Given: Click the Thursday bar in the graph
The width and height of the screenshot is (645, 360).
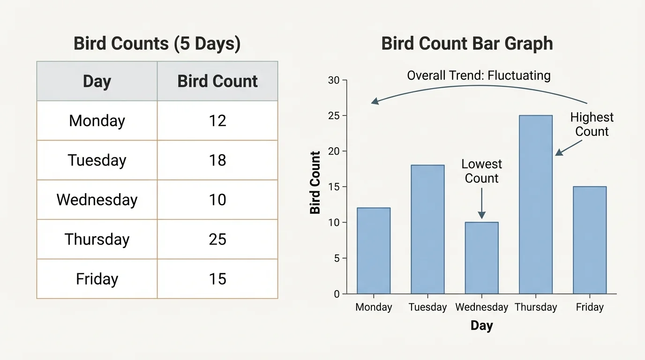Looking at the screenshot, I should point(535,204).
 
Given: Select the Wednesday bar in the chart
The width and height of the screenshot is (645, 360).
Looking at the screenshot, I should point(481,258).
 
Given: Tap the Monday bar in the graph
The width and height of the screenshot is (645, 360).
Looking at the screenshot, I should point(374,251).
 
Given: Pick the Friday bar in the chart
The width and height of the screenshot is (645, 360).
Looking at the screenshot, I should point(589,240).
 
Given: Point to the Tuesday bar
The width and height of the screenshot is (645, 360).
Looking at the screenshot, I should point(427,229).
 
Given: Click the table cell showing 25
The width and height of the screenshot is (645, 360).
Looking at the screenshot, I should point(217,240).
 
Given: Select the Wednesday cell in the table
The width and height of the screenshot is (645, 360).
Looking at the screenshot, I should point(97,200).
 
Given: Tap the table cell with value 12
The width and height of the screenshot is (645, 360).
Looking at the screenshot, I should point(217,121).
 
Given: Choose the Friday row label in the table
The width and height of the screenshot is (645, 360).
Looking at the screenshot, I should point(97,279).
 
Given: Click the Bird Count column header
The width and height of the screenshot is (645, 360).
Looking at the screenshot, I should point(217,81).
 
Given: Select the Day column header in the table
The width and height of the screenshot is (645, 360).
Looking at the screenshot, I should point(97,81).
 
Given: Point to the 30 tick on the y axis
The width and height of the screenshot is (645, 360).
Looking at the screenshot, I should point(333,80).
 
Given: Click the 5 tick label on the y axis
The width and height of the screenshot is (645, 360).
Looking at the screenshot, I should point(336,258).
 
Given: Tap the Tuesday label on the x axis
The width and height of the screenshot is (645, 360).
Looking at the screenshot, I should point(427,307).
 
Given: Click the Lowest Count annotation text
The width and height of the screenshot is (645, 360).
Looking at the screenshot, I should point(481,171).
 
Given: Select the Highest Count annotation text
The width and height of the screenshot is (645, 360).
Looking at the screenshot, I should point(592,124).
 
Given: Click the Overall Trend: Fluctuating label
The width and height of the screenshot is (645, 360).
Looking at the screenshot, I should point(479,75).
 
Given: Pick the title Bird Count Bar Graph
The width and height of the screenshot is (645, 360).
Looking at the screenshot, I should point(467,44).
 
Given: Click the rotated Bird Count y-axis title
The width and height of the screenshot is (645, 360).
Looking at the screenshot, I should point(315,183).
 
